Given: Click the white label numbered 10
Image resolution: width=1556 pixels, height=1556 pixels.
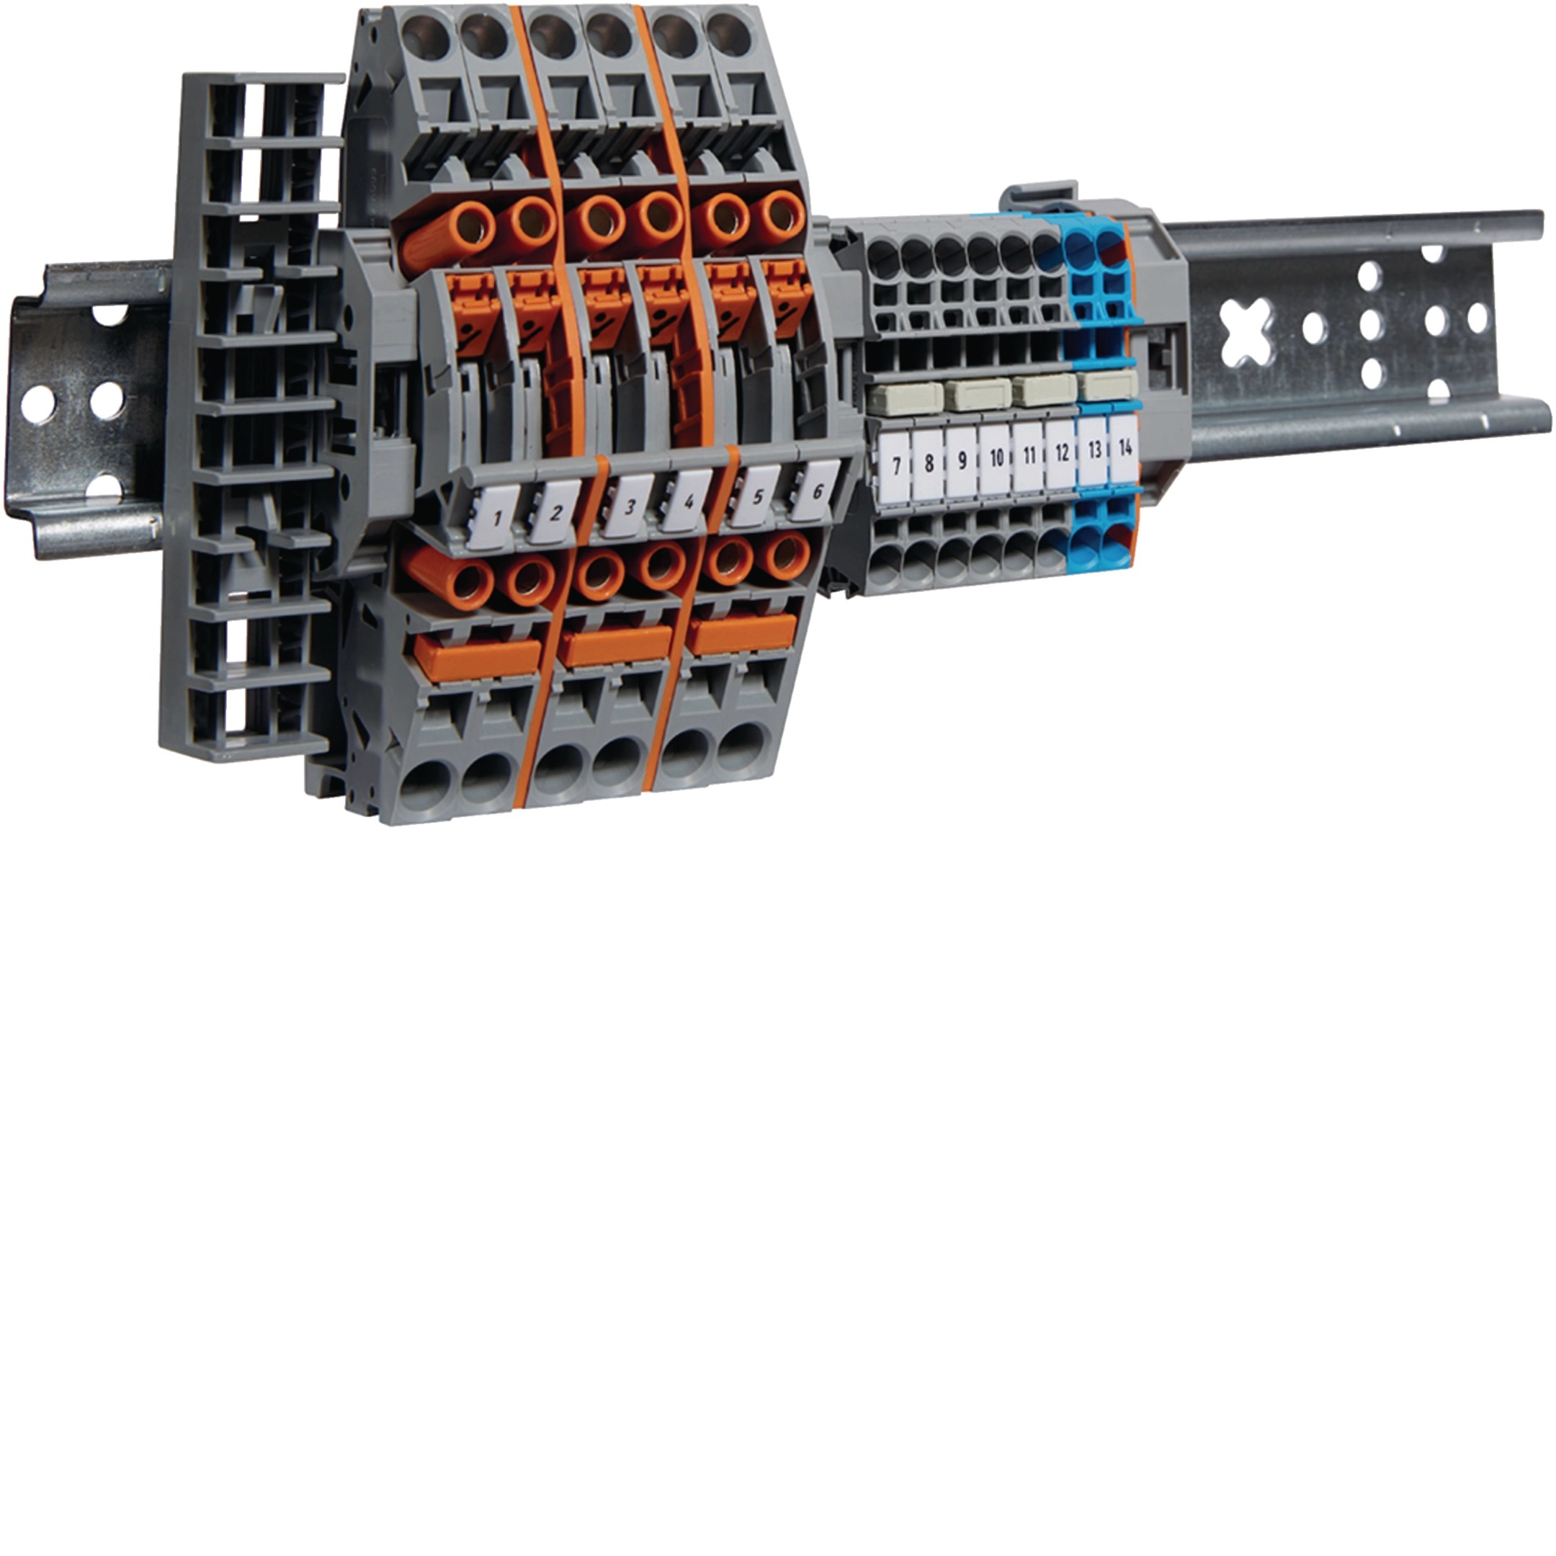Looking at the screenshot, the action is pyautogui.click(x=996, y=459).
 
